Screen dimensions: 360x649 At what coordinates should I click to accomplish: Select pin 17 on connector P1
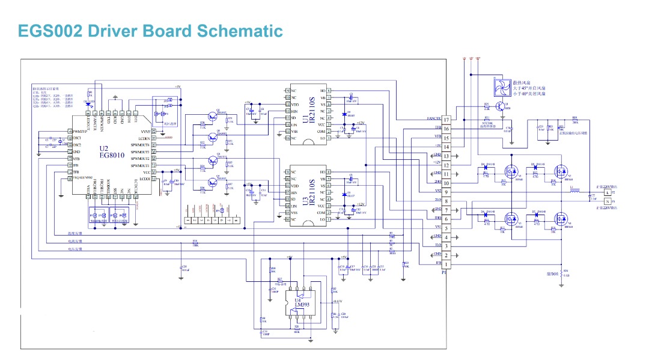[x=446, y=120]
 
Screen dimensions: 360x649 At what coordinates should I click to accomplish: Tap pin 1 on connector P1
[x=446, y=264]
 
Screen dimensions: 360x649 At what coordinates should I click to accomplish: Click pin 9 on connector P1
[x=446, y=192]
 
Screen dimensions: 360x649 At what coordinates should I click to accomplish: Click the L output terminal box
[x=606, y=192]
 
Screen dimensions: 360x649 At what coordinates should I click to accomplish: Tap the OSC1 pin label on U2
[x=76, y=138]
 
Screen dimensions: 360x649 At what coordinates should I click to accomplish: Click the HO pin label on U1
[x=323, y=91]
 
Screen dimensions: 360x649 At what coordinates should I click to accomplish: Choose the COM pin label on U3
[x=321, y=213]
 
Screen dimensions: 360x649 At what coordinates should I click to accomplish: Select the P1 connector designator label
[x=444, y=272]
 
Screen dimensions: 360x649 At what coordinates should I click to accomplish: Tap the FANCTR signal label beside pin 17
[x=434, y=119]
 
